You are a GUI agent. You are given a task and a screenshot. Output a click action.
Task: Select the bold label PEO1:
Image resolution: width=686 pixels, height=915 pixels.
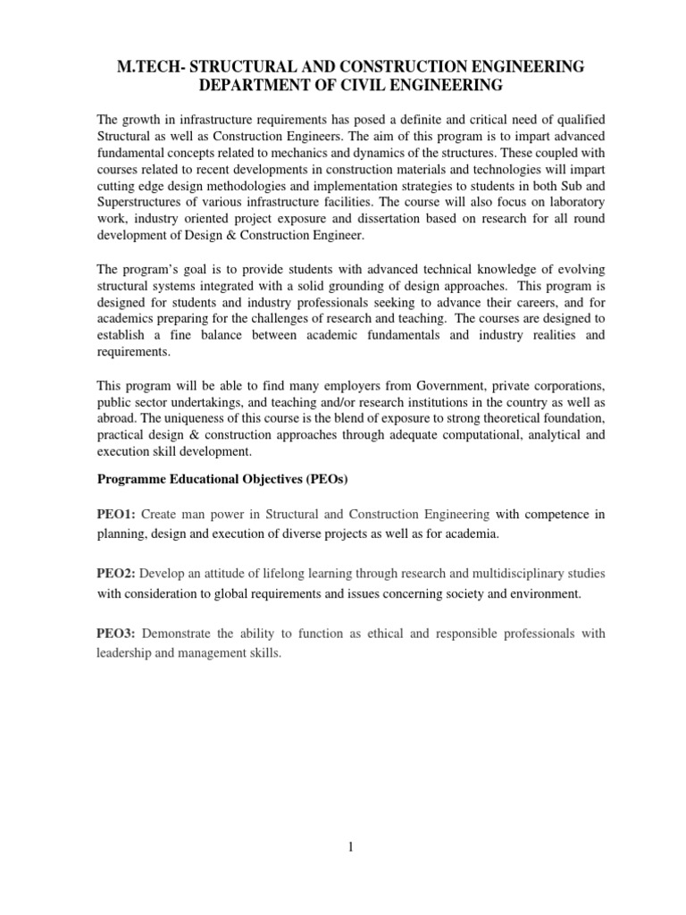tap(117, 514)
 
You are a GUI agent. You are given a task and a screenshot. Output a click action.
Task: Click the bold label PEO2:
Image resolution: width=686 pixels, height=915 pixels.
tap(117, 573)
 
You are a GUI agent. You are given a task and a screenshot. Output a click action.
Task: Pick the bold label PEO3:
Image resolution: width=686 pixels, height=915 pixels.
tap(117, 634)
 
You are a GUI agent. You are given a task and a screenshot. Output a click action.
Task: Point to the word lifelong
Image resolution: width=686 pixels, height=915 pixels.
tap(275, 573)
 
